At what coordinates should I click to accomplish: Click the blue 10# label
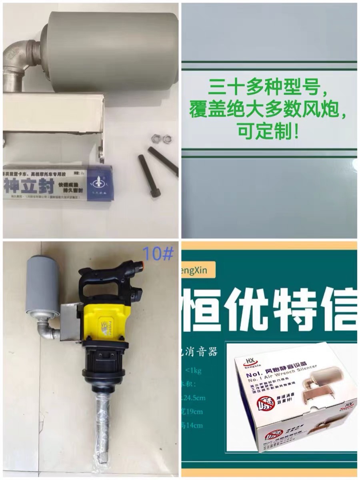(x=159, y=254)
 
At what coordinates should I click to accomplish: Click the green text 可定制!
(x=268, y=132)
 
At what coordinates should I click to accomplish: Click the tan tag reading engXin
(x=198, y=270)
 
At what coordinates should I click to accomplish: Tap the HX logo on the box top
(x=248, y=364)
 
